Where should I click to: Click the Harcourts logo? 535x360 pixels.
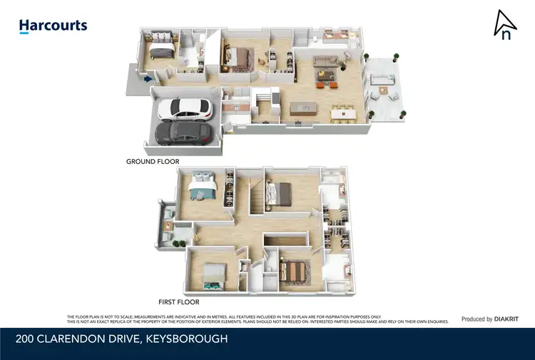click(53, 26)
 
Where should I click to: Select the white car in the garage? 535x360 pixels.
click(184, 109)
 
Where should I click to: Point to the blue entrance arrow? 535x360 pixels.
click(148, 80)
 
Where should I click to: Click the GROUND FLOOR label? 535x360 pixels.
click(153, 162)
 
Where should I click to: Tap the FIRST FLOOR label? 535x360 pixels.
click(178, 302)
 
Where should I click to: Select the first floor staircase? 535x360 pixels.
click(255, 197)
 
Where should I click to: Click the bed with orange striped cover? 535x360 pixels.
click(293, 271)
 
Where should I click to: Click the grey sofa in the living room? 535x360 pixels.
click(327, 60)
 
